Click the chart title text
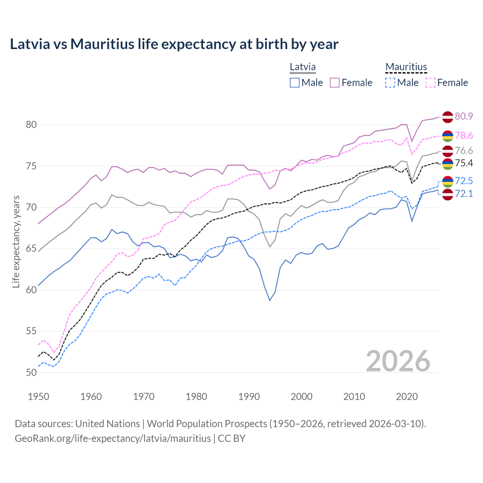click(x=174, y=44)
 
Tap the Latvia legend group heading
click(x=303, y=67)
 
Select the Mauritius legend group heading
click(x=406, y=67)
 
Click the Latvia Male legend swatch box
click(x=295, y=83)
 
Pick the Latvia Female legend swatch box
click(x=335, y=83)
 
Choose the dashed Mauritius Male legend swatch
click(x=390, y=83)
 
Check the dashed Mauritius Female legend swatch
click(x=431, y=83)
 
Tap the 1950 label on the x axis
click(x=38, y=397)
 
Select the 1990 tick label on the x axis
click(x=249, y=397)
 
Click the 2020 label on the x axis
click(x=407, y=397)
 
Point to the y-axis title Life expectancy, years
click(x=16, y=241)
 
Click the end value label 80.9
click(x=464, y=116)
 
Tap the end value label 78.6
click(x=464, y=135)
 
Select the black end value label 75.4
click(x=464, y=163)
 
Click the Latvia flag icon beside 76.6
click(x=448, y=151)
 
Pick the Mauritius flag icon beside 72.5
click(x=448, y=182)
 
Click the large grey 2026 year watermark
click(x=398, y=361)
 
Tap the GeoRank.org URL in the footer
click(x=112, y=438)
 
